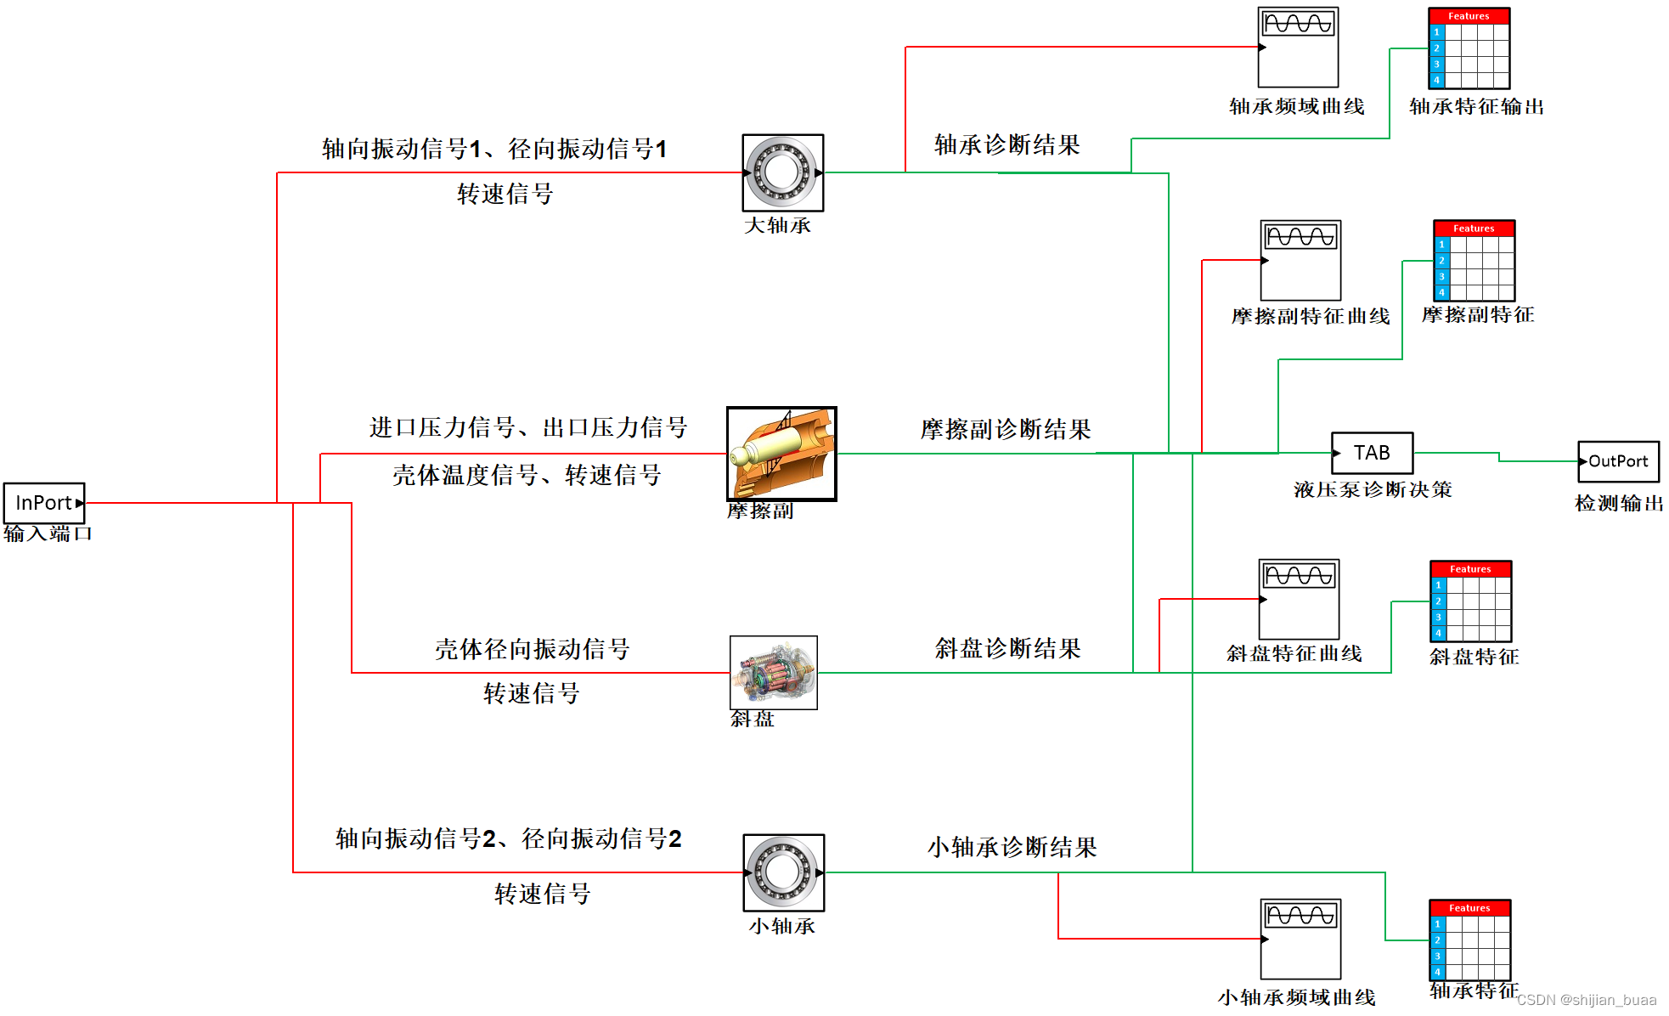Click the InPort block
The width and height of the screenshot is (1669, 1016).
click(x=44, y=503)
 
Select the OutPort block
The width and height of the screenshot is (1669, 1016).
click(x=1618, y=461)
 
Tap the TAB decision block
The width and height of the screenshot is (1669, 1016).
click(x=1372, y=453)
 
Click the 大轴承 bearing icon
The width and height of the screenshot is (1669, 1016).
click(x=782, y=172)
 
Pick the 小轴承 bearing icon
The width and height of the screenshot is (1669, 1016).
click(x=783, y=872)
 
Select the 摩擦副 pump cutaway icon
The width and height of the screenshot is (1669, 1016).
click(x=781, y=454)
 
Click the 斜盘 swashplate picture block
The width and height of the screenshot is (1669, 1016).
click(x=773, y=672)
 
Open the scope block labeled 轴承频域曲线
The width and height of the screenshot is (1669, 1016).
click(x=1298, y=48)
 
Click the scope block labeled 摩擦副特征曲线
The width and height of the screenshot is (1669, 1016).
click(x=1300, y=260)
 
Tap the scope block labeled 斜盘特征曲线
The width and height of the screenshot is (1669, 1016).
click(x=1299, y=599)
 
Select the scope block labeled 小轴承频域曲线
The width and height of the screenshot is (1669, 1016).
click(x=1300, y=939)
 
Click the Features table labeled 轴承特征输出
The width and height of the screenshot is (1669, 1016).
click(x=1469, y=48)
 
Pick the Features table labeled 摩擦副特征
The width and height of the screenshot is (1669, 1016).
click(x=1474, y=261)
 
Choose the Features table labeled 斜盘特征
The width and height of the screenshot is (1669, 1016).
click(x=1470, y=601)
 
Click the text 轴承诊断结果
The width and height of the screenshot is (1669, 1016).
click(x=1006, y=145)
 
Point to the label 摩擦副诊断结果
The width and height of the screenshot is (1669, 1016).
click(x=1006, y=430)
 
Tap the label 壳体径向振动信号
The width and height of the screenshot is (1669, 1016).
click(x=533, y=650)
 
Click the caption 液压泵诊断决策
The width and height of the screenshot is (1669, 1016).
click(x=1373, y=490)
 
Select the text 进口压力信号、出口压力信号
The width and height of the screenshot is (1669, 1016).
click(x=528, y=427)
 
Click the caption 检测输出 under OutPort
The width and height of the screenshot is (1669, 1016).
click(x=1619, y=504)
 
